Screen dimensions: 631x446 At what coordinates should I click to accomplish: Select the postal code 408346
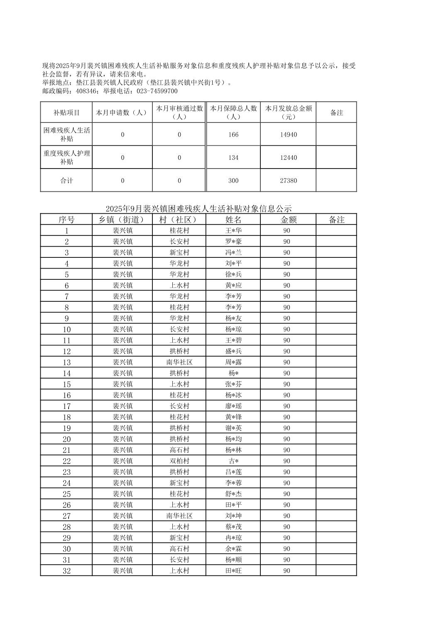pos(87,91)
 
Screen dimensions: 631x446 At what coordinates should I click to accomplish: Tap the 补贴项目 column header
pos(66,113)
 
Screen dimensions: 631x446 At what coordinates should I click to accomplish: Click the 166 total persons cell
pos(233,135)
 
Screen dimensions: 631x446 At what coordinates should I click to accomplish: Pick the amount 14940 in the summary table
pos(288,135)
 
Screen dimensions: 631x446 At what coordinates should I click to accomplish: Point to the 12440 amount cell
pos(288,158)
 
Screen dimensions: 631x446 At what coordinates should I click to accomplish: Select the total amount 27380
pos(288,181)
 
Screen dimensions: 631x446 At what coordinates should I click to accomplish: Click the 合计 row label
pos(66,181)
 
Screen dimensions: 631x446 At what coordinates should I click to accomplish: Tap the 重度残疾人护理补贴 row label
pos(66,157)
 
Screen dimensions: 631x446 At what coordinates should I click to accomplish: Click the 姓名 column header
pos(233,220)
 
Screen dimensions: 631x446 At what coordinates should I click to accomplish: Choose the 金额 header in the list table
pos(288,220)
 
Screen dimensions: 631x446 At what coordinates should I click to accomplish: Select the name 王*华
pos(233,230)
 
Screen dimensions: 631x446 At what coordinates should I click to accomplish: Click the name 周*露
pos(233,362)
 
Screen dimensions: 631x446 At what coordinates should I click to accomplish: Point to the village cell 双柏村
pos(179,461)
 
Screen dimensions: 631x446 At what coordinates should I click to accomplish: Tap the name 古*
pos(233,461)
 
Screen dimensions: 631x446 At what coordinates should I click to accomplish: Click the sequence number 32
pos(66,571)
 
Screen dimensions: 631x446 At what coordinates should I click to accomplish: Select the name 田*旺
pos(233,571)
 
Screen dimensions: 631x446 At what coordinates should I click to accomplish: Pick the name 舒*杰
pos(233,494)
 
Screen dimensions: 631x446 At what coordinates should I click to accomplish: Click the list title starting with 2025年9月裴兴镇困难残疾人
pos(198,208)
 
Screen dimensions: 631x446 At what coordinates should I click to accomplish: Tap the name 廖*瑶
pos(233,406)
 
